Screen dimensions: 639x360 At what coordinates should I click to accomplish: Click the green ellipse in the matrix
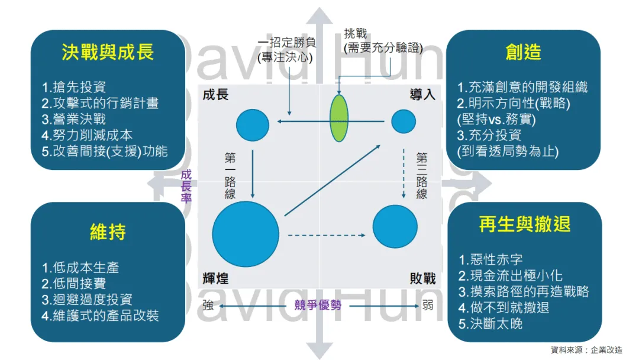[338, 118]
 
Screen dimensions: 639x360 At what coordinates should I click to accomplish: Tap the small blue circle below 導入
[404, 123]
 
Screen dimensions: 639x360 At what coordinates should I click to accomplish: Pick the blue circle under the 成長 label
[253, 125]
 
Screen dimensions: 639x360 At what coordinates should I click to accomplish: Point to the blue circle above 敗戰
[395, 227]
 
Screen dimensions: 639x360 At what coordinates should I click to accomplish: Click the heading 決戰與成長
[108, 52]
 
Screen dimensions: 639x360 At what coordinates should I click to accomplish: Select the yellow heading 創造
[523, 52]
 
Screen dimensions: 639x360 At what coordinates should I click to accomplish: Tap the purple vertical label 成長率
[186, 187]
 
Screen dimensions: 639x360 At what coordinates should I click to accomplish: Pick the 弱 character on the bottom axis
[428, 306]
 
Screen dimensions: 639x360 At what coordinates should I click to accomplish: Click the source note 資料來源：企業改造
[586, 350]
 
